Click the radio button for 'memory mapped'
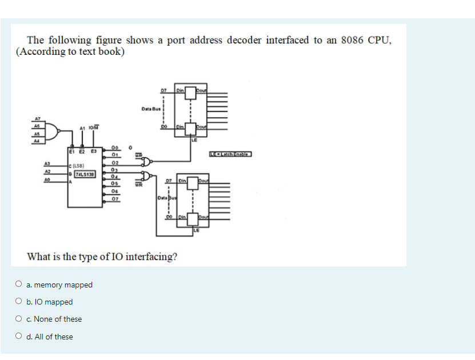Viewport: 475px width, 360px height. pos(19,285)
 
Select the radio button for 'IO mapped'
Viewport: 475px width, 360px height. pos(19,302)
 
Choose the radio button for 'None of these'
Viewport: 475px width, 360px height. pos(19,319)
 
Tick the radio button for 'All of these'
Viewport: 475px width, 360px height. pos(19,337)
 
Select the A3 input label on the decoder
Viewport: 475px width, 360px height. pos(47,163)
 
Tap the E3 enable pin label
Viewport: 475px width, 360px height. pos(93,151)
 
